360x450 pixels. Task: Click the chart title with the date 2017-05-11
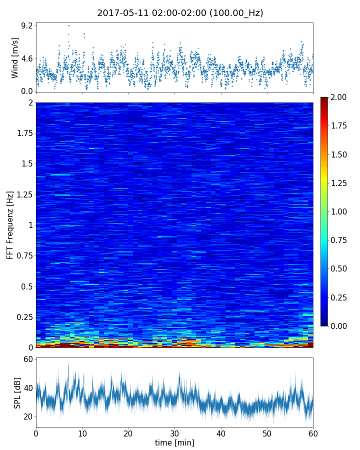[x=180, y=13]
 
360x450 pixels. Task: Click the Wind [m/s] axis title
[x=15, y=57]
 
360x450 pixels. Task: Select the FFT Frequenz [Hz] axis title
[x=10, y=224]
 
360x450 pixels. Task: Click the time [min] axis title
[x=174, y=442]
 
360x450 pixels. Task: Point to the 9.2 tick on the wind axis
[x=26, y=25]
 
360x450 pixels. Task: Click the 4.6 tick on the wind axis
[x=26, y=58]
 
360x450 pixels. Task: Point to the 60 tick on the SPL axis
[x=27, y=359]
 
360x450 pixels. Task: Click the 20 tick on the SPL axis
[x=27, y=416]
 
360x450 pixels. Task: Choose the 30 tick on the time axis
[x=174, y=432]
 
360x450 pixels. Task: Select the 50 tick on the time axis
[x=267, y=432]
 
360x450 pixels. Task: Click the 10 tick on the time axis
[x=82, y=432]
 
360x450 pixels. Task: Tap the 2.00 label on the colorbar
[x=342, y=97]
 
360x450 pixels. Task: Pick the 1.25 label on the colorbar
[x=342, y=183]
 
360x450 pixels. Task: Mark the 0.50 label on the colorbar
[x=342, y=268]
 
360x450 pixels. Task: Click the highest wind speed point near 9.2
[x=68, y=25]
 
